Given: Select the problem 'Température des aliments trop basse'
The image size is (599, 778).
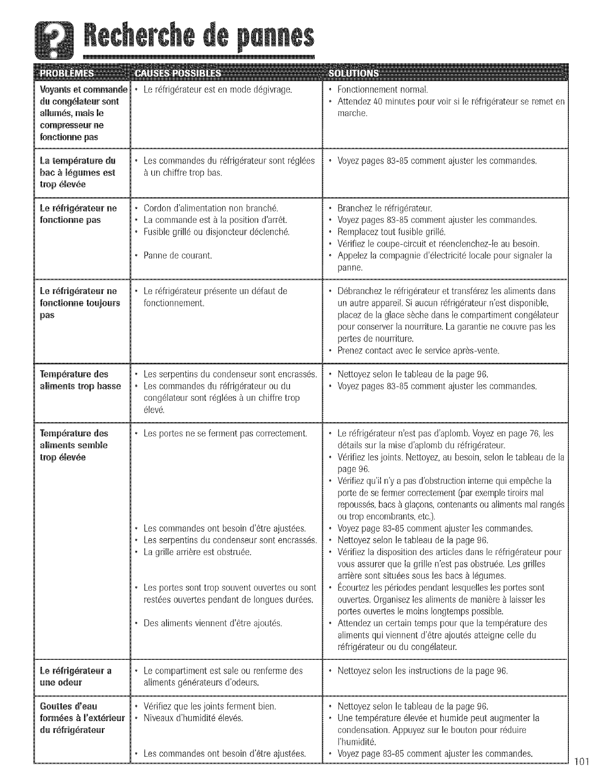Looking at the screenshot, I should click(80, 380).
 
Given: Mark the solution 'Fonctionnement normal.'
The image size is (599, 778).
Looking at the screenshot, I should click(382, 89).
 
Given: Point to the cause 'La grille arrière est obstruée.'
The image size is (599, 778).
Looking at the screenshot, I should click(197, 552).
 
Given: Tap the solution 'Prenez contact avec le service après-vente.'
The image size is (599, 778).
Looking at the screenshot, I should click(418, 351).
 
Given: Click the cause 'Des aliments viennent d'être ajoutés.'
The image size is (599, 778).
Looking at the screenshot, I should click(213, 623).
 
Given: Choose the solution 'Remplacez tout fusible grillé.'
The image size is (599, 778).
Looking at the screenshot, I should click(391, 232).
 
